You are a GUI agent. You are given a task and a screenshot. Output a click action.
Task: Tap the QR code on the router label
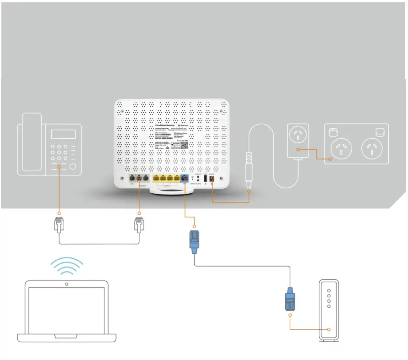[x=183, y=145]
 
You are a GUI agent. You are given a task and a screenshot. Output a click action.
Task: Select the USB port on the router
[x=205, y=179]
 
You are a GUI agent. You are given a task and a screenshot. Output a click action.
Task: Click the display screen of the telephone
[x=63, y=134]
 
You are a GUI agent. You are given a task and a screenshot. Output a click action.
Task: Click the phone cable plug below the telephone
[x=59, y=225]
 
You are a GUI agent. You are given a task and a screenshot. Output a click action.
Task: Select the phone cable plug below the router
[x=139, y=225]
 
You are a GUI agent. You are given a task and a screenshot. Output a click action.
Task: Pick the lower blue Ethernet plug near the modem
[x=290, y=300]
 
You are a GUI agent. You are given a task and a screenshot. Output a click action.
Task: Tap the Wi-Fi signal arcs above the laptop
[x=67, y=266]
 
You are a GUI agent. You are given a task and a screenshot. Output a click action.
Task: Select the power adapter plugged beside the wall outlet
[x=298, y=141]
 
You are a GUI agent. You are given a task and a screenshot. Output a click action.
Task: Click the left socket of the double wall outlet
[x=341, y=147]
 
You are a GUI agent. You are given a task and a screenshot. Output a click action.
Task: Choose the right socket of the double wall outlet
[x=372, y=147]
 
